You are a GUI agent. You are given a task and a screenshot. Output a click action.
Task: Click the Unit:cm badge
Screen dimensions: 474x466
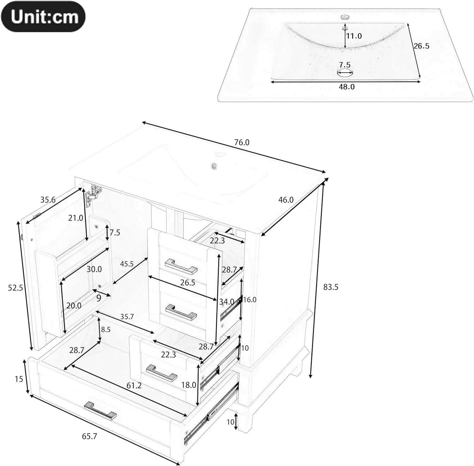click(43, 16)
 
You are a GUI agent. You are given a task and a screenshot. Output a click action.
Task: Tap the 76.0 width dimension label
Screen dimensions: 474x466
click(242, 143)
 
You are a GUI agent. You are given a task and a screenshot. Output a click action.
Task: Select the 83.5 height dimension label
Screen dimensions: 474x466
click(331, 287)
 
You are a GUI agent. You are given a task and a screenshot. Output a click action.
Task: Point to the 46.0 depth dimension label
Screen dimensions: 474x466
click(286, 200)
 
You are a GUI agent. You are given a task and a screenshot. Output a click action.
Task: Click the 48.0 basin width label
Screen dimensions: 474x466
click(347, 87)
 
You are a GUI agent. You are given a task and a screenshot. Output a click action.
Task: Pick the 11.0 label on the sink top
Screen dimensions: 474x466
click(354, 36)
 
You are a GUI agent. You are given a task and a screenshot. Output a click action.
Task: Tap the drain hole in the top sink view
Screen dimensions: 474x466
click(345, 74)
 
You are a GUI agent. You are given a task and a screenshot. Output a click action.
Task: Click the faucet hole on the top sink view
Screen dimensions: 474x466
click(343, 17)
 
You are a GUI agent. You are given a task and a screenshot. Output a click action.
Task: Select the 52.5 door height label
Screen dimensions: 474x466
click(15, 288)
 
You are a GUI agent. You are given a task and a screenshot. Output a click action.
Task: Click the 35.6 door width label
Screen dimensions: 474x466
click(48, 200)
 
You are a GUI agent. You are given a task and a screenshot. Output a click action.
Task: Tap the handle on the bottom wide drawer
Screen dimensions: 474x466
click(100, 411)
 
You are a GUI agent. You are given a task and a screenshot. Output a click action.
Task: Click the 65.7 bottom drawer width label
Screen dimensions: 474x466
click(89, 436)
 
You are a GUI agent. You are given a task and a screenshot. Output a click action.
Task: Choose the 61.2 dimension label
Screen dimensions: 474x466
click(134, 385)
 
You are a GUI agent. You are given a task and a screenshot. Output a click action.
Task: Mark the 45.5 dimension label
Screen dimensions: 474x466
click(127, 264)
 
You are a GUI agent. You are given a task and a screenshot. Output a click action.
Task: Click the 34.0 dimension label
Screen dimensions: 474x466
click(227, 302)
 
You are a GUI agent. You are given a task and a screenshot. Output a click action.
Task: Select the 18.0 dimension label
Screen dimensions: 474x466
click(189, 385)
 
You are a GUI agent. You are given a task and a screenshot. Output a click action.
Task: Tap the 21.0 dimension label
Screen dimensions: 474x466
click(76, 218)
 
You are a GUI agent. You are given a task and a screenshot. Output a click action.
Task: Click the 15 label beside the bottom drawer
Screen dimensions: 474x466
click(19, 379)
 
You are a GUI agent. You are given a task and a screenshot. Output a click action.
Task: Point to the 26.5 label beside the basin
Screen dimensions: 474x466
click(422, 46)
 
